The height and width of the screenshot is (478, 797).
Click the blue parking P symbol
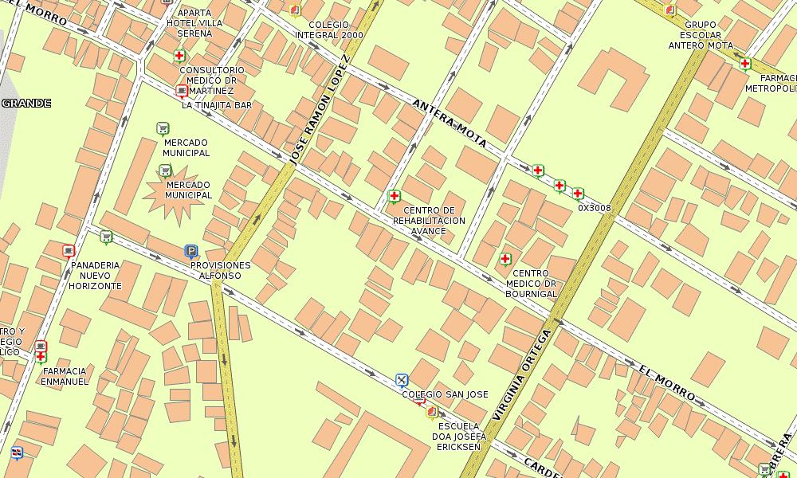(x=190, y=251)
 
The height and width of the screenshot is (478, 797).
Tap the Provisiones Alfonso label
(x=221, y=270)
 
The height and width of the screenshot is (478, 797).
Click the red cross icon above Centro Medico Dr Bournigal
(x=505, y=259)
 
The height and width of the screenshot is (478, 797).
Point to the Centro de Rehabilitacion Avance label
(x=429, y=221)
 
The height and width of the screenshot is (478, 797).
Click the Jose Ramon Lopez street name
(x=318, y=110)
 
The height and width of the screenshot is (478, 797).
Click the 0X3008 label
(x=595, y=208)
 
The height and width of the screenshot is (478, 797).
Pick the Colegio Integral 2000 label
(x=329, y=30)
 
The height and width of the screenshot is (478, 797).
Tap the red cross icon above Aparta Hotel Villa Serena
(x=180, y=56)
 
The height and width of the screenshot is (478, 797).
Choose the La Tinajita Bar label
(x=211, y=104)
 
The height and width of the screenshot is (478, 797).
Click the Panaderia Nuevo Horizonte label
(x=95, y=275)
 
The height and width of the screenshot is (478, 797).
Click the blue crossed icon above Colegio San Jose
(x=402, y=380)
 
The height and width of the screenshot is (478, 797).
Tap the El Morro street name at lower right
(x=668, y=383)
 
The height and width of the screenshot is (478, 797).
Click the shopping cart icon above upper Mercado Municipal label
(x=163, y=127)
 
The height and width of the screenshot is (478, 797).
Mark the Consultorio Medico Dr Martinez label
(x=212, y=80)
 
